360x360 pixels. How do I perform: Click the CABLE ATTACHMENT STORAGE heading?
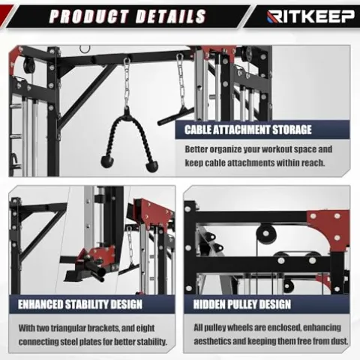click(x=248, y=130)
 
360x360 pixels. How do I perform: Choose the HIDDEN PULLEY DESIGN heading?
click(x=242, y=304)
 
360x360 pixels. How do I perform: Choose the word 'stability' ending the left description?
click(x=147, y=343)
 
